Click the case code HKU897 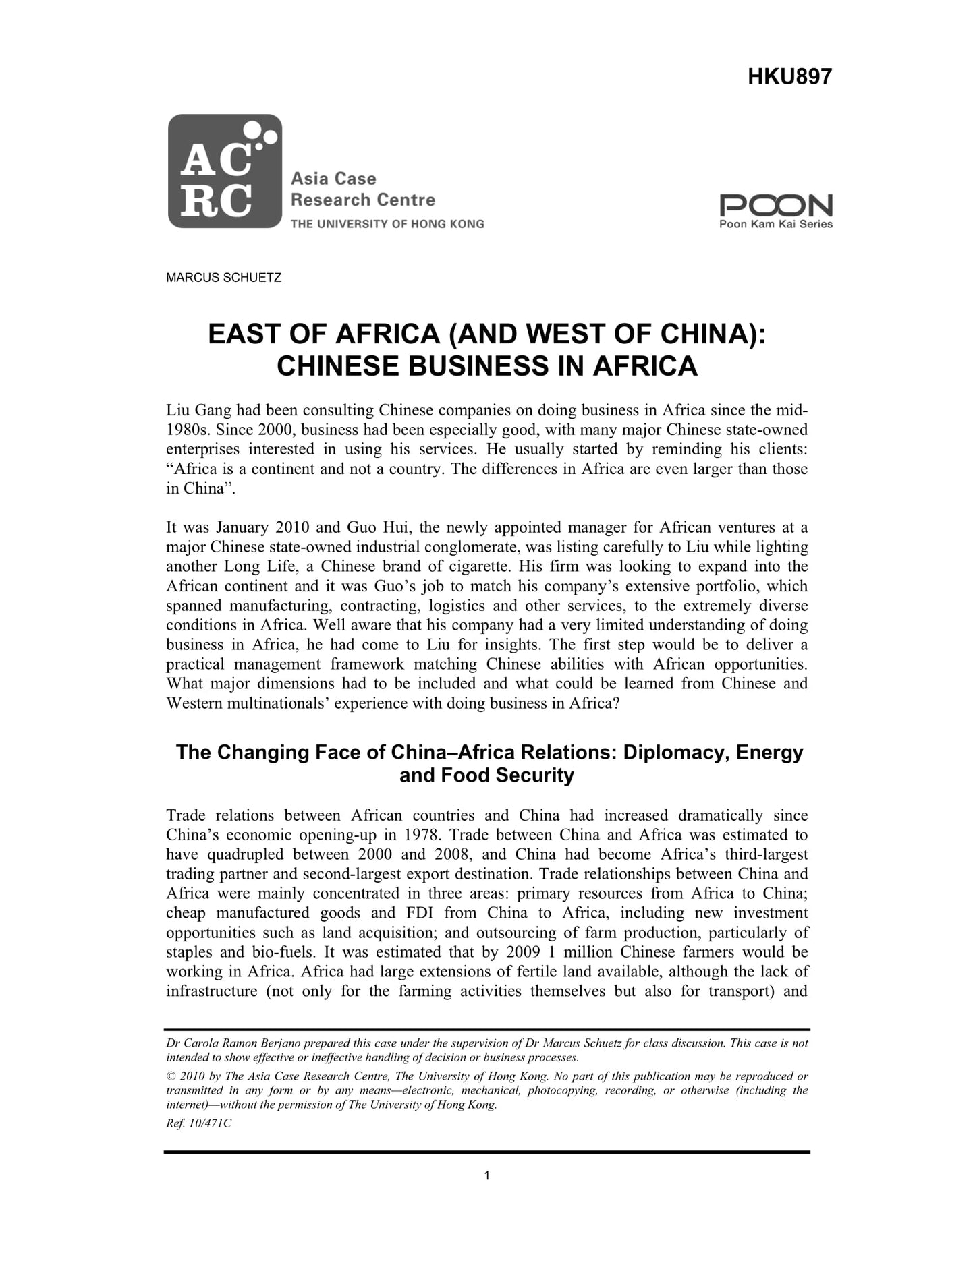[789, 77]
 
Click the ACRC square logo [225, 171]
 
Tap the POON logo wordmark [776, 205]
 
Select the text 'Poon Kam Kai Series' [776, 225]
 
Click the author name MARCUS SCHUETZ [224, 278]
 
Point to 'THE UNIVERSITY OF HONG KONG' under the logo [387, 224]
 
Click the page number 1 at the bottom [487, 1176]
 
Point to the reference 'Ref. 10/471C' [198, 1124]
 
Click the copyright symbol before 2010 [171, 1076]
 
